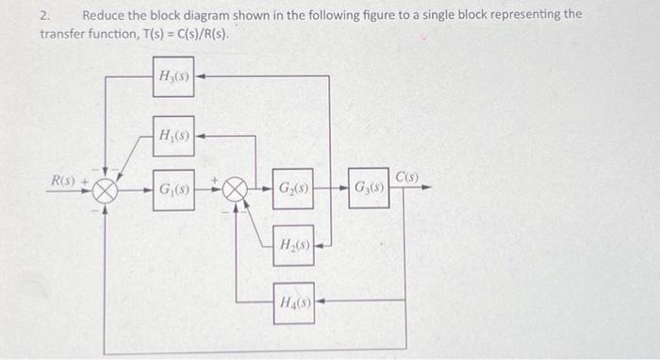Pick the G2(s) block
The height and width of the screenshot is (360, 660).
(293, 188)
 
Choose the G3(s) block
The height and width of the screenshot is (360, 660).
(368, 188)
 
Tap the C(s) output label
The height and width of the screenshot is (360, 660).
(407, 175)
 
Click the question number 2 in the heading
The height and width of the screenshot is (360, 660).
(44, 15)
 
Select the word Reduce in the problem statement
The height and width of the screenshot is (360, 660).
(105, 15)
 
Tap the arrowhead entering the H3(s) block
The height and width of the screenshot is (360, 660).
(200, 76)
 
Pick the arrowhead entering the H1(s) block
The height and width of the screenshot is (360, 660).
(200, 136)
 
